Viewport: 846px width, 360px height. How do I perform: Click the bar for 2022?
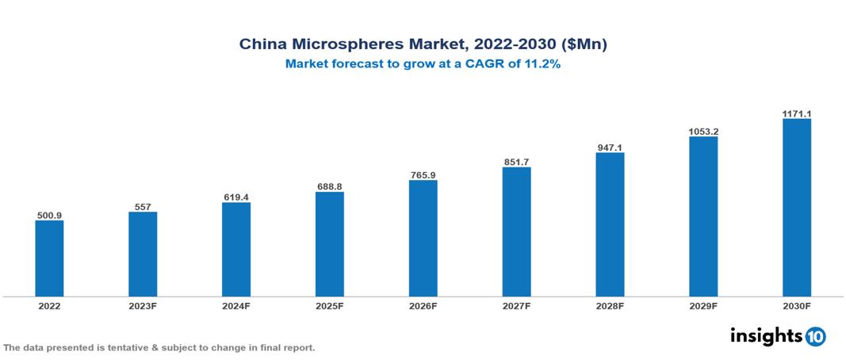[x=49, y=259]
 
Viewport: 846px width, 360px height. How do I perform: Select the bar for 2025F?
[x=329, y=244]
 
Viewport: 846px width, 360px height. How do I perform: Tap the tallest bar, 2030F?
[x=796, y=208]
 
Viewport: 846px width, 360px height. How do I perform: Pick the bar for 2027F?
[x=516, y=232]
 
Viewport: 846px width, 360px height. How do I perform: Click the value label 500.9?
[x=49, y=215]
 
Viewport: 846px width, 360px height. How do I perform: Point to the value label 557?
[x=143, y=207]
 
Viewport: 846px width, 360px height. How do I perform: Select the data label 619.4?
[x=236, y=197]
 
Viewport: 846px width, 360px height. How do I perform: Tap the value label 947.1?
[x=610, y=147]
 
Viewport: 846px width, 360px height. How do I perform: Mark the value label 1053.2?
[x=703, y=132]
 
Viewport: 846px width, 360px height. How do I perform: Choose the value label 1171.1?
[x=796, y=114]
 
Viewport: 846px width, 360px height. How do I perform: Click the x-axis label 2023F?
[x=143, y=305]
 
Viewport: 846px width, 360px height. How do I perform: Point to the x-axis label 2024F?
[x=236, y=305]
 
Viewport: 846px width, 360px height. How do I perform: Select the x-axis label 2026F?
[x=423, y=305]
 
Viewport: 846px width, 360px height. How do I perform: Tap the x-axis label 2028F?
[x=610, y=305]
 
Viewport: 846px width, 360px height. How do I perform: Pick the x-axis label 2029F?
[x=703, y=305]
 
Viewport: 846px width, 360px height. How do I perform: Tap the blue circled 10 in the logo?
[x=815, y=336]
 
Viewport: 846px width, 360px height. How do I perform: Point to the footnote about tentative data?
[x=159, y=347]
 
